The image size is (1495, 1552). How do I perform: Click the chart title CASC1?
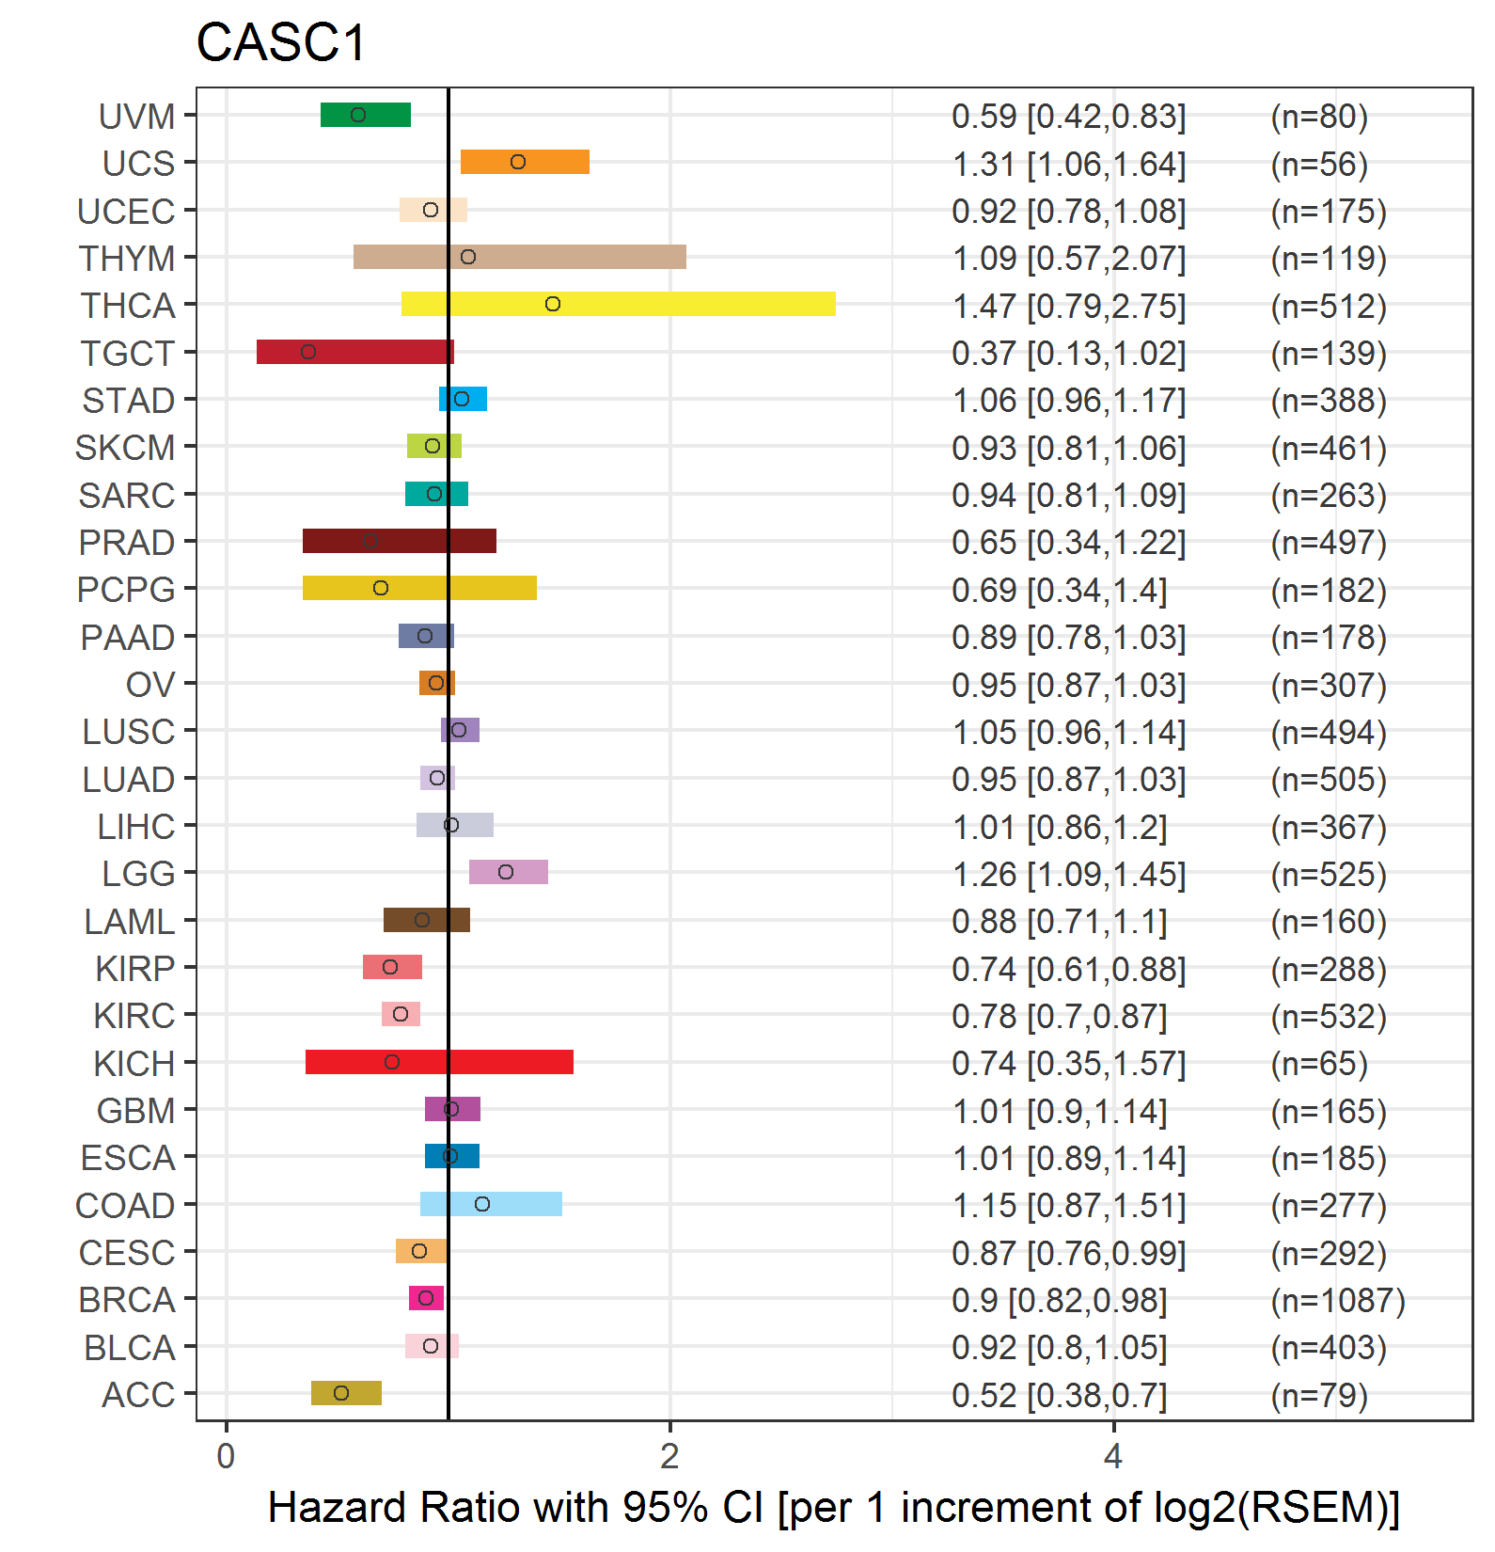pyautogui.click(x=280, y=43)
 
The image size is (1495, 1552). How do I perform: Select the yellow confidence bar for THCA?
pyautogui.click(x=618, y=304)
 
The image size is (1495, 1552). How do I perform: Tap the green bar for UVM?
pyautogui.click(x=366, y=115)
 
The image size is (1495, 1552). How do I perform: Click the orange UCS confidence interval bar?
pyautogui.click(x=525, y=162)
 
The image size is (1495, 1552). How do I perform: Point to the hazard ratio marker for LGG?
pyautogui.click(x=506, y=872)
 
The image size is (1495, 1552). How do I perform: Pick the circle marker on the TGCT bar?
pyautogui.click(x=308, y=352)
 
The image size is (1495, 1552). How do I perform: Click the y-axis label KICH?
pyautogui.click(x=134, y=1064)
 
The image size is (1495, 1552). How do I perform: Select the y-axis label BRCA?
pyautogui.click(x=127, y=1300)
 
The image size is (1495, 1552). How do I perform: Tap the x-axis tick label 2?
pyautogui.click(x=669, y=1456)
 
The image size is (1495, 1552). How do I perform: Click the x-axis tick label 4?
pyautogui.click(x=1113, y=1456)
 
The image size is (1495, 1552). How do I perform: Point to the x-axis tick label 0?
pyautogui.click(x=226, y=1456)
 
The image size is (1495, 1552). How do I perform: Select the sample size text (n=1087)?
pyautogui.click(x=1337, y=1300)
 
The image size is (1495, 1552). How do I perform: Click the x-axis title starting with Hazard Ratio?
pyautogui.click(x=833, y=1508)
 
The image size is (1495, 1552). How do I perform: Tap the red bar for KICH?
pyautogui.click(x=439, y=1062)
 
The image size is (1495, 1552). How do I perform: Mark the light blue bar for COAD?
pyautogui.click(x=491, y=1204)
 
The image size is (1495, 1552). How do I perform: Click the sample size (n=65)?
pyautogui.click(x=1318, y=1064)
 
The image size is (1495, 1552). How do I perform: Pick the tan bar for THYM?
pyautogui.click(x=519, y=257)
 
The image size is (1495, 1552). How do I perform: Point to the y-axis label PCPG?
pyautogui.click(x=126, y=590)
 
